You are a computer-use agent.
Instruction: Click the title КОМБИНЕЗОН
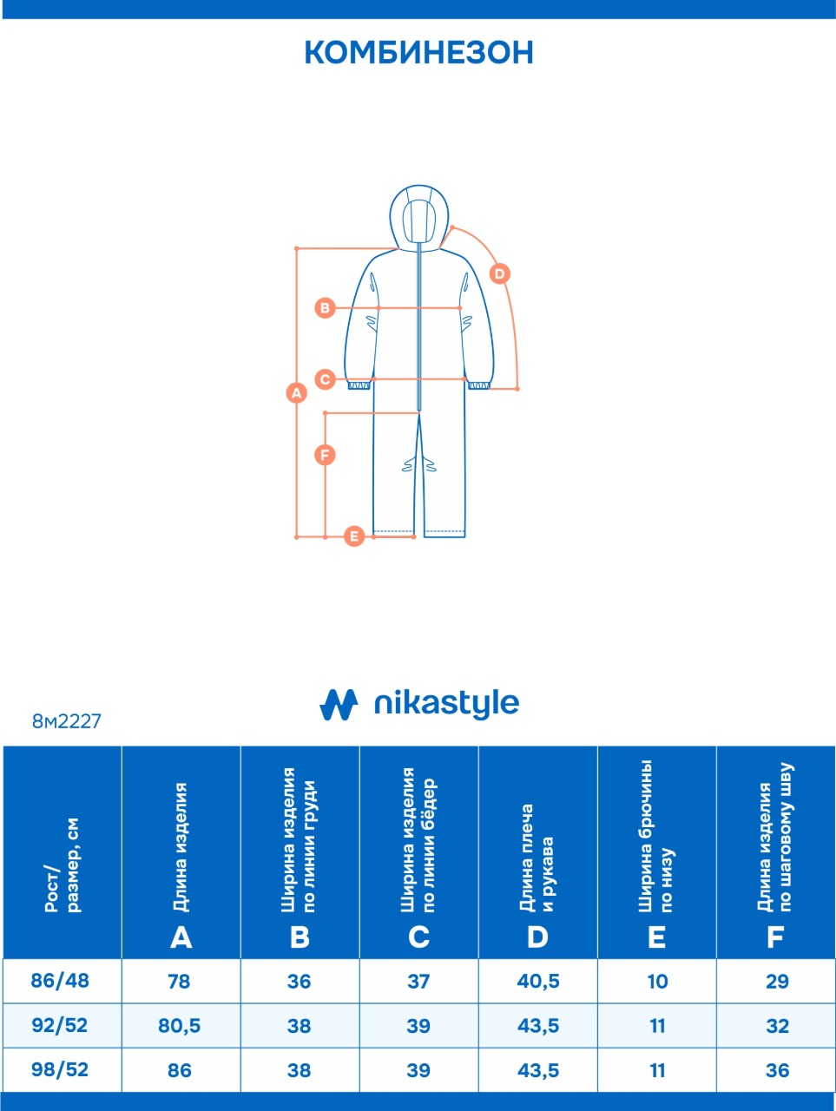(419, 52)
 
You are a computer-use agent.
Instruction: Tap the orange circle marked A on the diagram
(297, 393)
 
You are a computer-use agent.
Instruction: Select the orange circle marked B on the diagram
(325, 308)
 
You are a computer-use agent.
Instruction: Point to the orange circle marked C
(325, 379)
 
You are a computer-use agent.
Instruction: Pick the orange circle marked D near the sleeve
(499, 273)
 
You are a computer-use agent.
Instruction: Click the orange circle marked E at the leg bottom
(354, 536)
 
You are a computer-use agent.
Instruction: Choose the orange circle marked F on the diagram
(325, 455)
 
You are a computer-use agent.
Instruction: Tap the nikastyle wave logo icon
(339, 704)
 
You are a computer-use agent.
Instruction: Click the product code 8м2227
(66, 720)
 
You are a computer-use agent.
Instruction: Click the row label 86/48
(60, 981)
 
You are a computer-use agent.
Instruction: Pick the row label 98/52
(60, 1069)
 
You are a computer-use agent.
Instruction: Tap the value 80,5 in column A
(179, 1025)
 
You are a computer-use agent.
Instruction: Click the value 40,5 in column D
(538, 981)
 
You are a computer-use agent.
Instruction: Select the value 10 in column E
(657, 982)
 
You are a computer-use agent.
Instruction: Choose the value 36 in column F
(777, 1070)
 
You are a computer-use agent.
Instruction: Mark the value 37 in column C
(418, 982)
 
